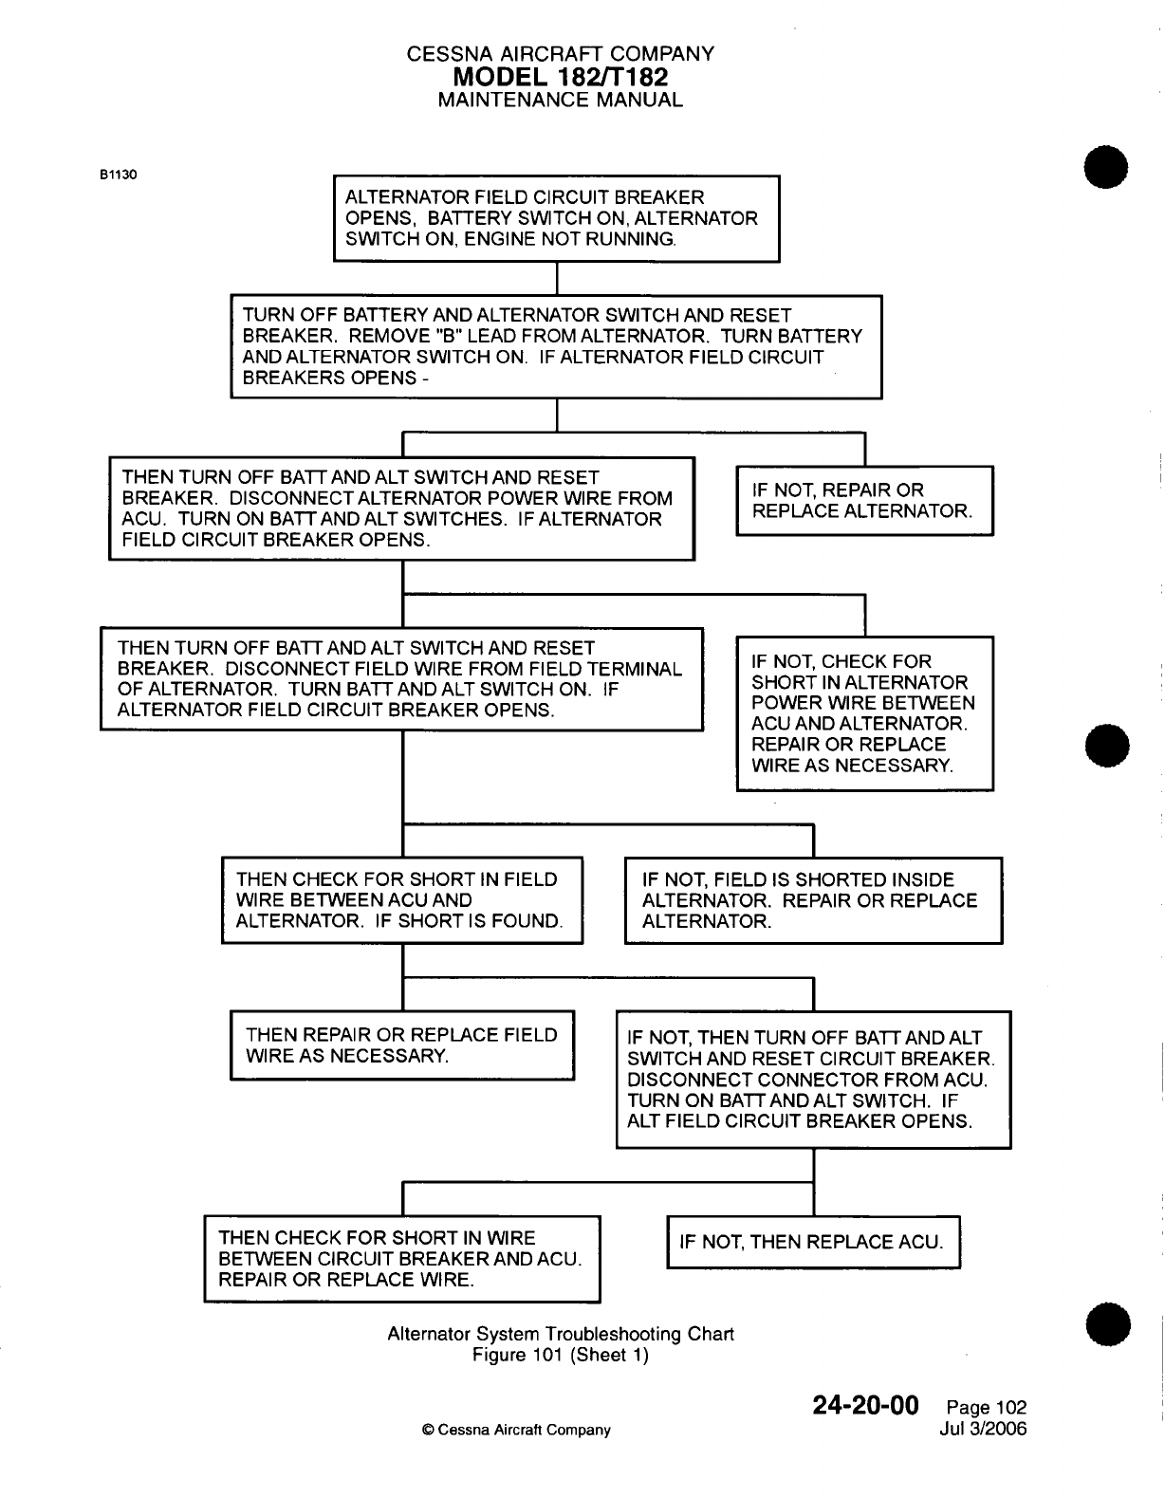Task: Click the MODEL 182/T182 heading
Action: tap(560, 77)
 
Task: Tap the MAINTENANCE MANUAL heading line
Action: tap(560, 100)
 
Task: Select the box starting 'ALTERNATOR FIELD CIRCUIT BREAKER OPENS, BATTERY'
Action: tap(556, 218)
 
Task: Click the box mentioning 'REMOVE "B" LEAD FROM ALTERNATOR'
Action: tap(556, 346)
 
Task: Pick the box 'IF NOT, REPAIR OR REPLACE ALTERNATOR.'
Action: tap(864, 501)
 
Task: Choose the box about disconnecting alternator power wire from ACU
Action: tap(401, 508)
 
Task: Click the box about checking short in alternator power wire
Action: tap(864, 713)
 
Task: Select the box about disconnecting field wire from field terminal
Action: tap(401, 678)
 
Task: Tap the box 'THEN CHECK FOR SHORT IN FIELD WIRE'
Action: tap(401, 900)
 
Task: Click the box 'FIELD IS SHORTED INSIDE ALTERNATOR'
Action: tap(813, 900)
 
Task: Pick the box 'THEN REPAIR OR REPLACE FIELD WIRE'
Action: tap(402, 1045)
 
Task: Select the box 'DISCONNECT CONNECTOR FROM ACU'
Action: tap(813, 1080)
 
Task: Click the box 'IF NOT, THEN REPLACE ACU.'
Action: tap(813, 1242)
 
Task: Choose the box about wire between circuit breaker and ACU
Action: tap(401, 1258)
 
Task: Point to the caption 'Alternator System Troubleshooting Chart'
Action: tap(561, 1334)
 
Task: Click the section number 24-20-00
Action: tap(866, 1405)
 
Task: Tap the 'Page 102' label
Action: tap(987, 1408)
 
